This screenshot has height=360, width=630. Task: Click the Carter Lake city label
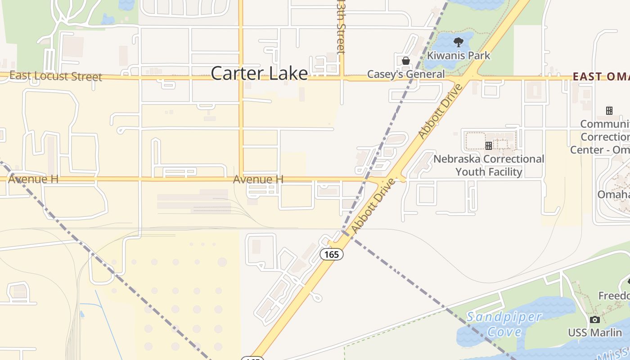pyautogui.click(x=259, y=73)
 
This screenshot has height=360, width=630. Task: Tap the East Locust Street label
pyautogui.click(x=56, y=76)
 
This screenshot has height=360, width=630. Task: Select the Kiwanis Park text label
pyautogui.click(x=459, y=56)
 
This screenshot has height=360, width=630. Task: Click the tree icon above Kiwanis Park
pyautogui.click(x=459, y=43)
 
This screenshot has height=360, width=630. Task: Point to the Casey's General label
pyautogui.click(x=406, y=74)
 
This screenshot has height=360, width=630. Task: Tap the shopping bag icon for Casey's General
pyautogui.click(x=406, y=61)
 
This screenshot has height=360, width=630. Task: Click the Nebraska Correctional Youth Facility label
pyautogui.click(x=489, y=165)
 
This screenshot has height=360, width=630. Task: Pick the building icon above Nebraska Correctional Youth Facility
pyautogui.click(x=489, y=146)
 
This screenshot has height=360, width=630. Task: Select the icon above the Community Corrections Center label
pyautogui.click(x=609, y=111)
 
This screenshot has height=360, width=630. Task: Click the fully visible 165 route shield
pyautogui.click(x=332, y=254)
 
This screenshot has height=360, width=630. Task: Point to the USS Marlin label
pyautogui.click(x=595, y=333)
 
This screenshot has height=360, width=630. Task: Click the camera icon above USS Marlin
pyautogui.click(x=595, y=319)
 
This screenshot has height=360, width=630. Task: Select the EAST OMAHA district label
pyautogui.click(x=601, y=76)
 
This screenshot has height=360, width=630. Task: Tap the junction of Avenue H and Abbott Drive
pyautogui.click(x=388, y=179)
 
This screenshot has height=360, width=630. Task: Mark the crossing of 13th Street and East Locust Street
pyautogui.click(x=342, y=78)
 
